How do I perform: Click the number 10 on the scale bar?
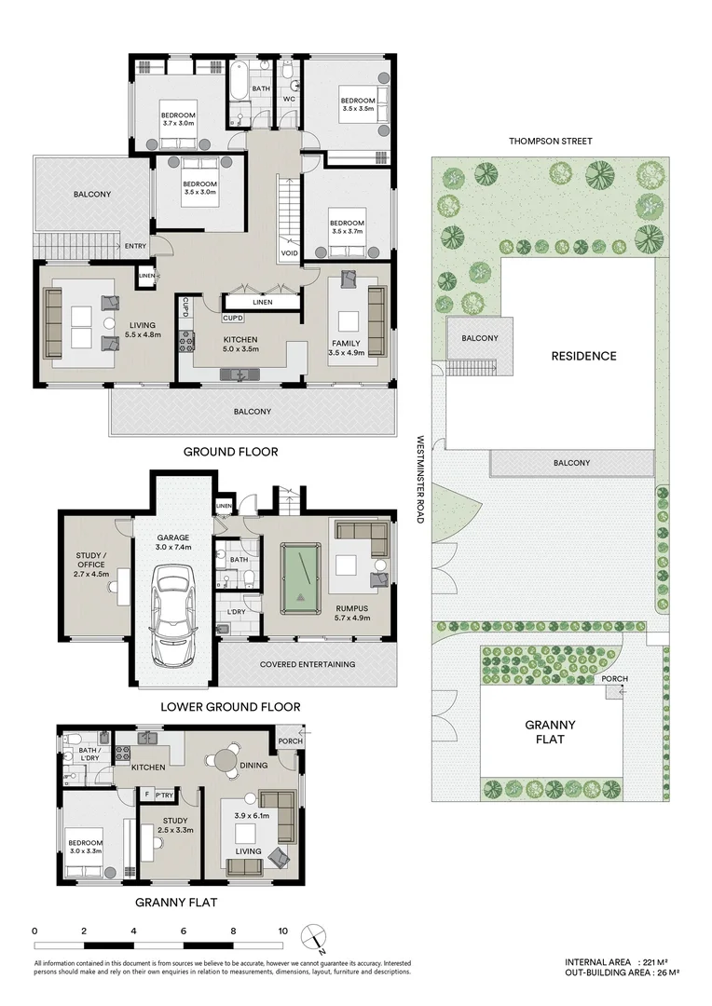pos(281,931)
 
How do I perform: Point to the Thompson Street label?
pos(550,142)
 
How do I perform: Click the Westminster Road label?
pos(421,479)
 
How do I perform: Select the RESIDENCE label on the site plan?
pos(583,356)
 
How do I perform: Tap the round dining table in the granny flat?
pos(226,759)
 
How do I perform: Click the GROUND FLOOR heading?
pos(230,452)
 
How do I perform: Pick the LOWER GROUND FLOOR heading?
pos(230,707)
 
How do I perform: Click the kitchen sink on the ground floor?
pos(241,374)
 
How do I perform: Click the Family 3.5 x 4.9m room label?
pos(346,348)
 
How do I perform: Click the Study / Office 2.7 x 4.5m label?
pos(91,564)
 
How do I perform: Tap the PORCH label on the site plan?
pos(614,679)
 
